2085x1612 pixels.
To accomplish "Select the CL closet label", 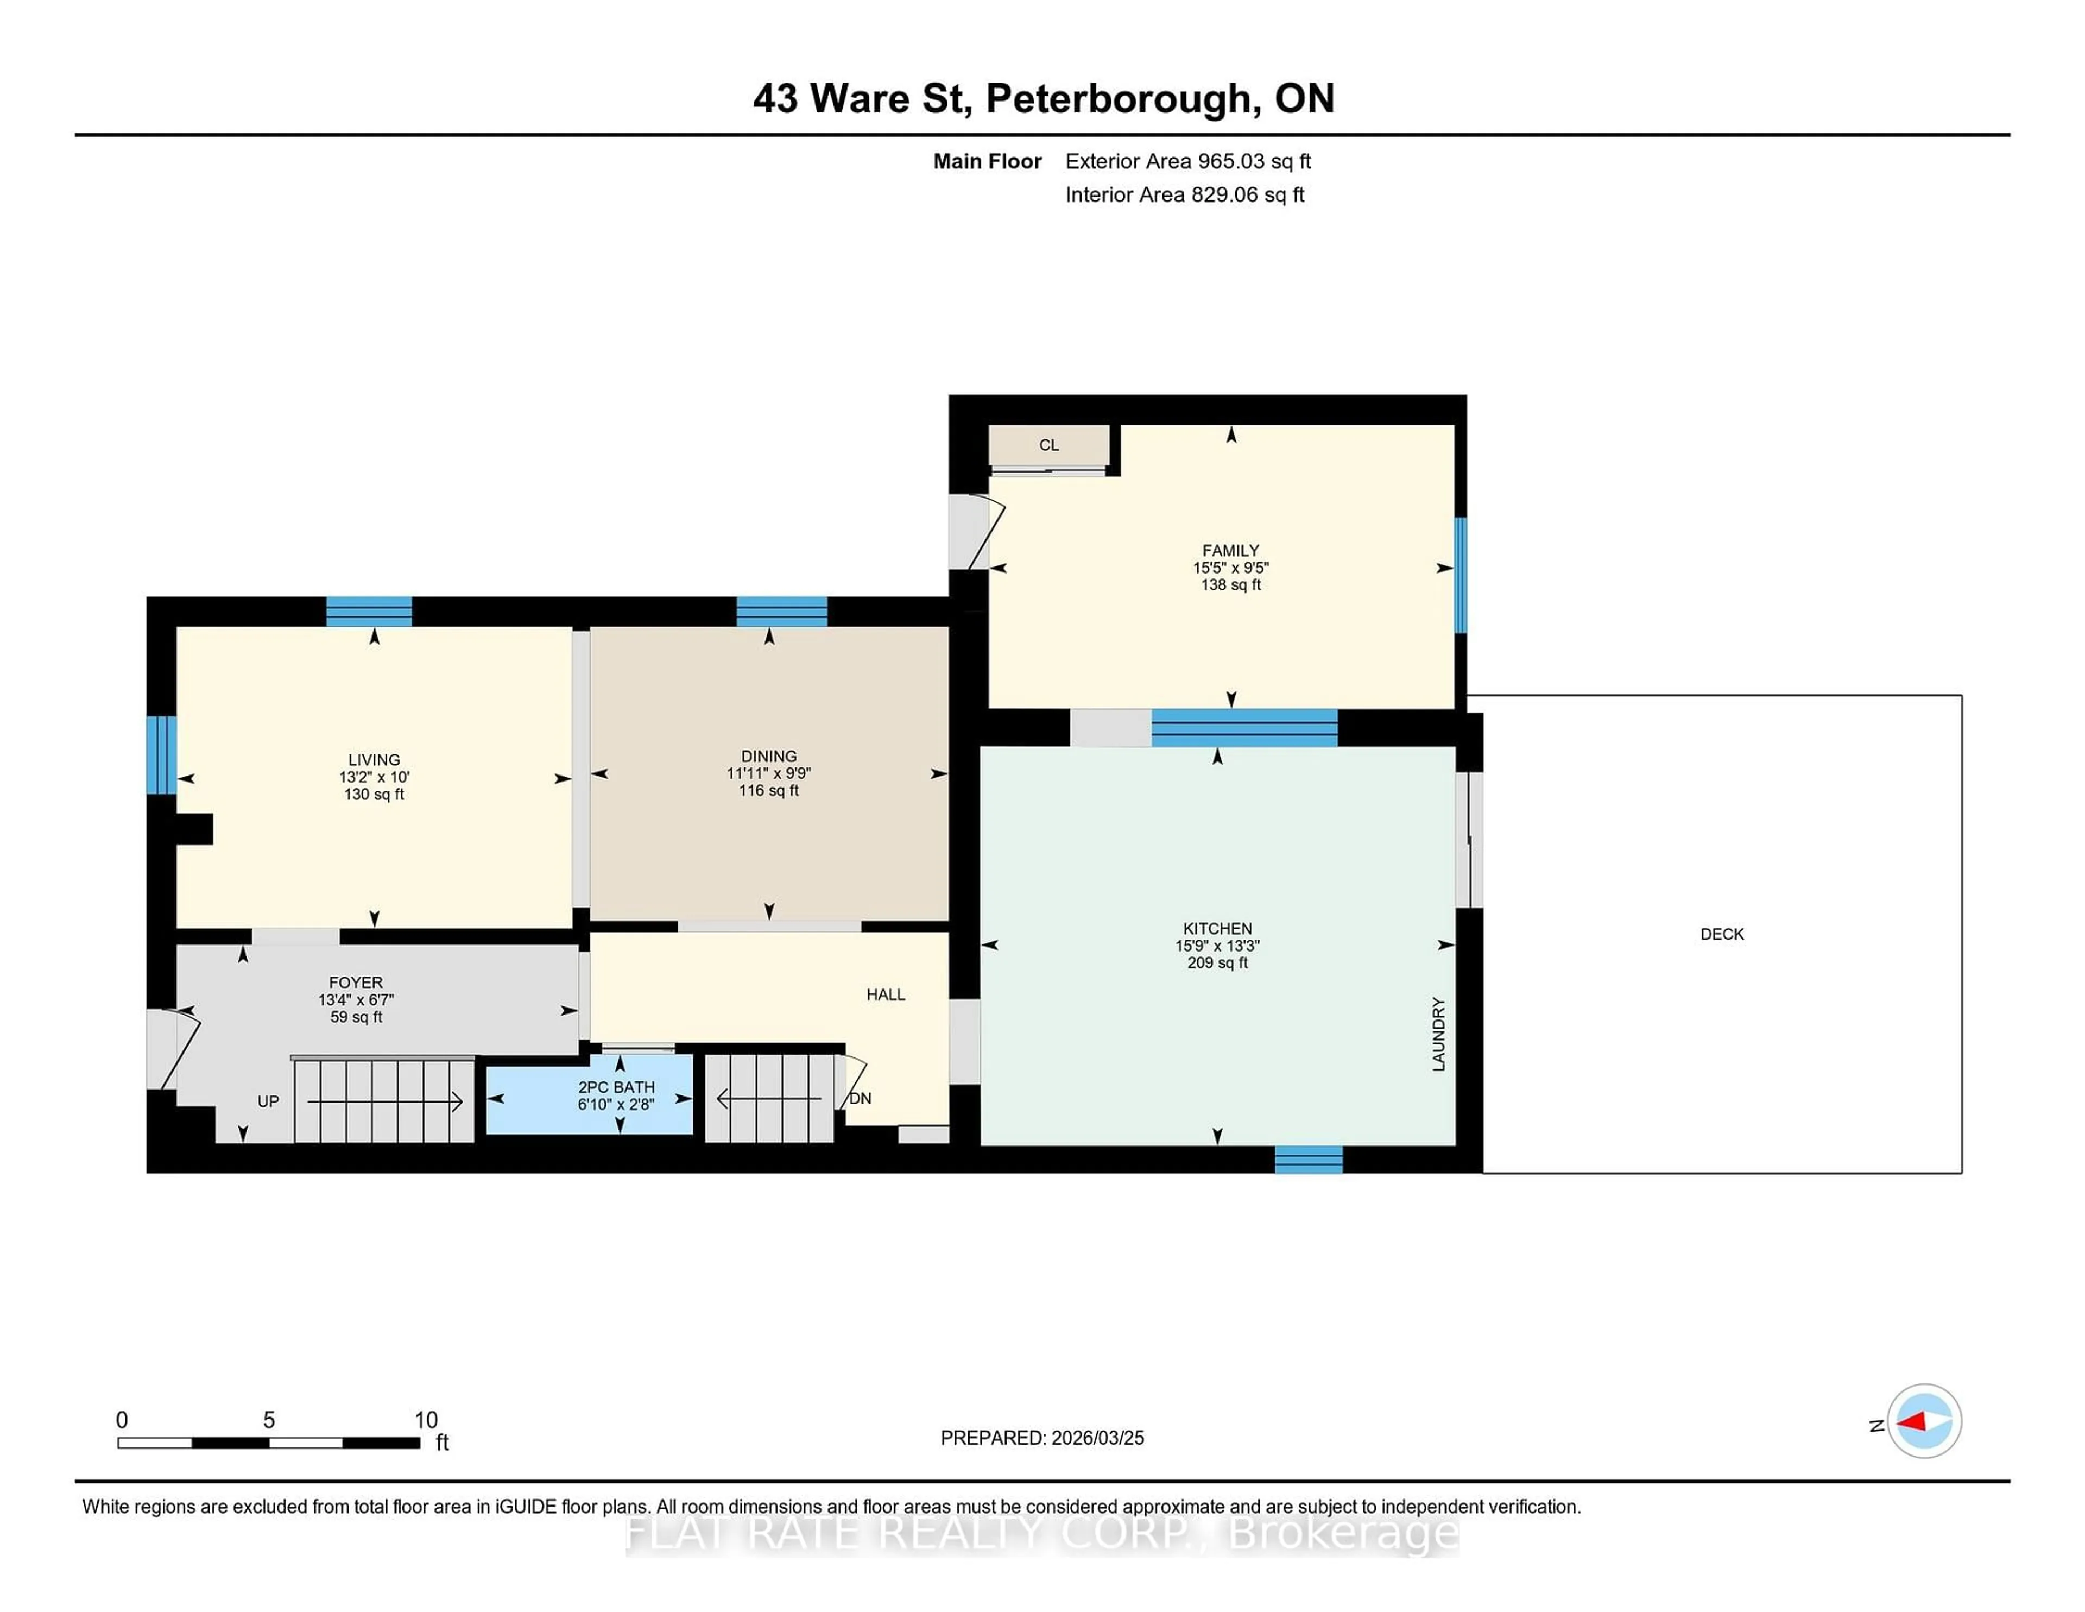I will pos(1048,445).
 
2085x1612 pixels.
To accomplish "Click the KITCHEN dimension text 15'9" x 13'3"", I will pos(1217,946).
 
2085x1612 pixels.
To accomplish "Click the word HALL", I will pos(885,994).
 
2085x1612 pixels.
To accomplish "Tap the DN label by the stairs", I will pos(860,1098).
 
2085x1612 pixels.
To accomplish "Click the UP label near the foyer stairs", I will pos(268,1101).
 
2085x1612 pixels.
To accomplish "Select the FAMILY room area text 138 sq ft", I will pos(1230,584).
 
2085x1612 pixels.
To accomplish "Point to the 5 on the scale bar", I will pos(269,1420).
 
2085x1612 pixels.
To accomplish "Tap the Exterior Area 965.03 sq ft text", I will pos(1187,161).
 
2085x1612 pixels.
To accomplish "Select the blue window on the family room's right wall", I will pos(1459,575).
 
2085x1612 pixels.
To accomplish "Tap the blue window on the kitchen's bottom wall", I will pos(1308,1160).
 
